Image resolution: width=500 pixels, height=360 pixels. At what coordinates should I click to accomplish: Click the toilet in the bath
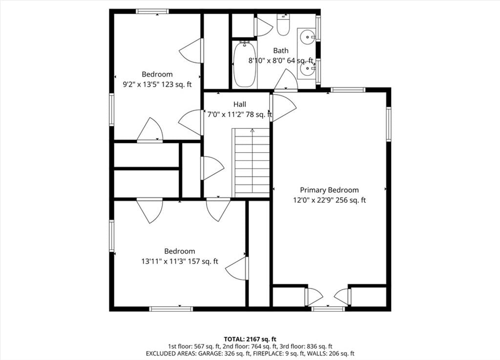click(283, 25)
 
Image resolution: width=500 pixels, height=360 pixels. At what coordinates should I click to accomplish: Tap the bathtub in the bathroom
click(244, 65)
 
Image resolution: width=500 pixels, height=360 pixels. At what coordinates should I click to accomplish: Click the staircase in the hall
click(252, 162)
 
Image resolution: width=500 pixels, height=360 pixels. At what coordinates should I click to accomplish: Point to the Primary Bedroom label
click(330, 190)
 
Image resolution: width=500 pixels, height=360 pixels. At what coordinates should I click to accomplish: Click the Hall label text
click(240, 104)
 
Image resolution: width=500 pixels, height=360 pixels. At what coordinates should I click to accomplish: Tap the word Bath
click(281, 50)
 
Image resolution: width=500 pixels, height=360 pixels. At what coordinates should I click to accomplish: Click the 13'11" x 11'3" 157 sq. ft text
click(180, 261)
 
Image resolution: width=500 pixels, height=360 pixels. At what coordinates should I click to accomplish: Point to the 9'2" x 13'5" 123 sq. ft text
click(157, 85)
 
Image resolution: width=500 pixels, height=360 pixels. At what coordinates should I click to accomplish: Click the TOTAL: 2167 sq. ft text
click(250, 339)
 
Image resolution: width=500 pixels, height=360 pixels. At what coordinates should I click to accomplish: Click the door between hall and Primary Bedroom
click(283, 107)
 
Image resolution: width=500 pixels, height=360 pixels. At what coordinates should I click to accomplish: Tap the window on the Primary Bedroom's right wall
click(389, 124)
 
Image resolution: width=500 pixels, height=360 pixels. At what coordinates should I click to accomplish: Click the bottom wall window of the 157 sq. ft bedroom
click(171, 309)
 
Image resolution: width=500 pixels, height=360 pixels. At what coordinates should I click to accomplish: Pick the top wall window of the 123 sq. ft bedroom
click(152, 12)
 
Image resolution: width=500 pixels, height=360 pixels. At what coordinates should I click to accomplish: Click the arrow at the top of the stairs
click(252, 131)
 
